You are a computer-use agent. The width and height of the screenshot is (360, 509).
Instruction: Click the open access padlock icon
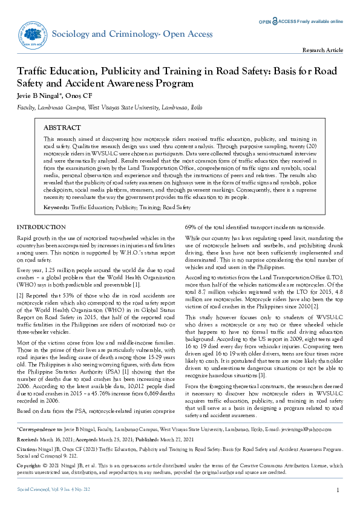(275, 21)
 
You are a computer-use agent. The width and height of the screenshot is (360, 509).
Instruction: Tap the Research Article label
(323, 50)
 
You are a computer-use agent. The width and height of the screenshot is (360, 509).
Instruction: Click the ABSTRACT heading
(62, 128)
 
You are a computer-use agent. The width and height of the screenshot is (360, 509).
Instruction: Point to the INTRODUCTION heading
(41, 227)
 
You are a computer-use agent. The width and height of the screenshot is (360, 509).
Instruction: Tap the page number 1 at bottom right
(337, 490)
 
